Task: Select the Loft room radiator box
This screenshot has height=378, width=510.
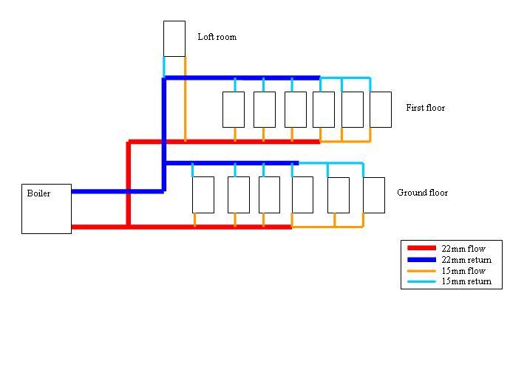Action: [174, 38]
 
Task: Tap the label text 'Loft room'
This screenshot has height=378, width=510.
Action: [217, 37]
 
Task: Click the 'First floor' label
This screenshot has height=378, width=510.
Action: [425, 108]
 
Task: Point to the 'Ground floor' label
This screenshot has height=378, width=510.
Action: [422, 193]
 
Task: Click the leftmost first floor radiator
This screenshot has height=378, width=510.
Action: [234, 109]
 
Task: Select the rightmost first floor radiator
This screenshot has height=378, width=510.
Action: [381, 109]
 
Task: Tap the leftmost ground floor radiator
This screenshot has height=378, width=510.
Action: [203, 194]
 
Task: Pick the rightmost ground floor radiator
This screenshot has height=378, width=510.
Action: [374, 195]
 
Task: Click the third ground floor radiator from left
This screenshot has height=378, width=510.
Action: [269, 194]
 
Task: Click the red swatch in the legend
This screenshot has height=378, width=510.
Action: [421, 249]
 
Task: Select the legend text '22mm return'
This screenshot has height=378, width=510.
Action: [466, 260]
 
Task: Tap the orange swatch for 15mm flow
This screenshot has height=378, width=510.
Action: [421, 271]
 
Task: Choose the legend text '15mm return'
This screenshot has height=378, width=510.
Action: [466, 282]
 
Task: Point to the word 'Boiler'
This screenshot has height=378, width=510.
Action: [38, 193]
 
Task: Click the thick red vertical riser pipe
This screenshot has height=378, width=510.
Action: [129, 185]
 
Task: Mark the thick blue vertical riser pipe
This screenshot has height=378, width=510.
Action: [164, 133]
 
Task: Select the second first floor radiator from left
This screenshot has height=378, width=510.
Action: [265, 109]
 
